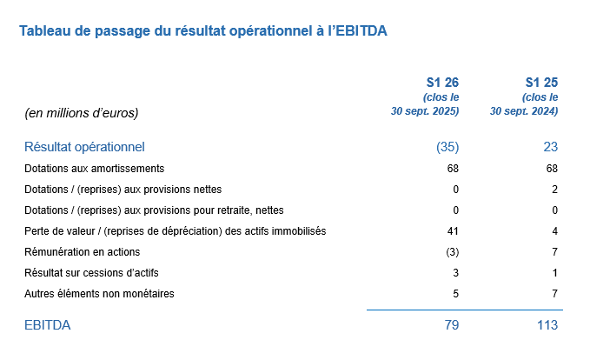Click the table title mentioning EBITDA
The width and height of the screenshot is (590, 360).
(x=202, y=31)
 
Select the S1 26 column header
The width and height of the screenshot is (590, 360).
(x=444, y=83)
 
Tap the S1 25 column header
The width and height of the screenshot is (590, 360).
(x=542, y=83)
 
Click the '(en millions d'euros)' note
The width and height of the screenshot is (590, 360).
(x=83, y=112)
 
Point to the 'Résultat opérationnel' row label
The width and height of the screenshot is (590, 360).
(x=84, y=147)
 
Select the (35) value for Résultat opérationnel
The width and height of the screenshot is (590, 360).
(x=447, y=147)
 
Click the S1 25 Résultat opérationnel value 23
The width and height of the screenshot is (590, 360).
(x=550, y=147)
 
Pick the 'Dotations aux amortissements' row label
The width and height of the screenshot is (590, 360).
(x=94, y=168)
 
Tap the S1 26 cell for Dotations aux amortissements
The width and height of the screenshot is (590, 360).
(x=452, y=168)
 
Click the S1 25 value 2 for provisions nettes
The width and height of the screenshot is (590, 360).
(x=554, y=189)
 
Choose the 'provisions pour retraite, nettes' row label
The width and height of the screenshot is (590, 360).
(x=154, y=210)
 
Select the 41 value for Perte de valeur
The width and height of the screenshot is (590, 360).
(x=452, y=230)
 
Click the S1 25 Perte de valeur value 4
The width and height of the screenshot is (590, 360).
(x=554, y=230)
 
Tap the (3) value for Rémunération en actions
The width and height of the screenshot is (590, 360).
(x=450, y=251)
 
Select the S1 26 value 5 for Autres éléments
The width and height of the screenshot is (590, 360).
(x=454, y=293)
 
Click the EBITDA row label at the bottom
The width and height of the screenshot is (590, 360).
(x=48, y=325)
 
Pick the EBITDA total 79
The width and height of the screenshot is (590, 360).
(x=450, y=325)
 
